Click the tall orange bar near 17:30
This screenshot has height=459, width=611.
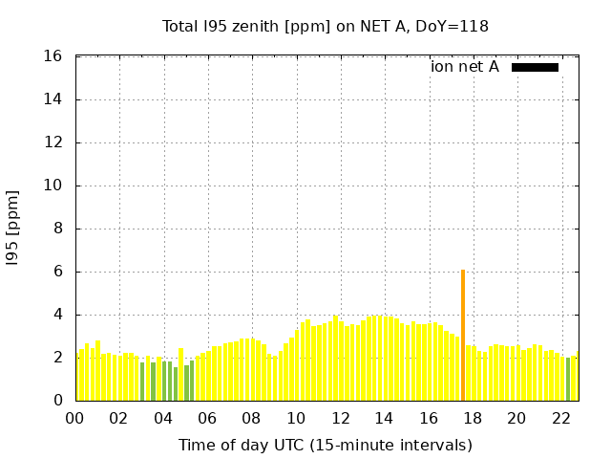pyautogui.click(x=463, y=335)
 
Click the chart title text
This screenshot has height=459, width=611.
pyautogui.click(x=325, y=26)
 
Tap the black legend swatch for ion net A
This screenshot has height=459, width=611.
pyautogui.click(x=535, y=67)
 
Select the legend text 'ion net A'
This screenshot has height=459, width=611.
pyautogui.click(x=465, y=67)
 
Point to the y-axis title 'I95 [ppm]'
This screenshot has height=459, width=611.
pyautogui.click(x=13, y=229)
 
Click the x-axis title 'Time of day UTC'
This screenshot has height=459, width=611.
pyautogui.click(x=325, y=445)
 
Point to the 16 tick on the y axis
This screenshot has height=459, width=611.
pyautogui.click(x=54, y=56)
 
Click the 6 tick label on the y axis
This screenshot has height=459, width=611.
pyautogui.click(x=58, y=272)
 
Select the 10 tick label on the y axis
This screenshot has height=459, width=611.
pyautogui.click(x=54, y=186)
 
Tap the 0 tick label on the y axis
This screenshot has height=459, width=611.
pyautogui.click(x=58, y=401)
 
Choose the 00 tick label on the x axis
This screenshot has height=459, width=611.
pyautogui.click(x=75, y=418)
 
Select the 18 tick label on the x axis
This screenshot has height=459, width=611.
pyautogui.click(x=473, y=418)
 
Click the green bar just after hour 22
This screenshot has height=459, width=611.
pyautogui.click(x=568, y=380)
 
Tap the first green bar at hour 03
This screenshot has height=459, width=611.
pyautogui.click(x=142, y=382)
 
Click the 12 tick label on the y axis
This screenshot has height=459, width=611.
pyautogui.click(x=54, y=142)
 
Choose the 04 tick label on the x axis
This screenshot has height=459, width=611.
pyautogui.click(x=163, y=418)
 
